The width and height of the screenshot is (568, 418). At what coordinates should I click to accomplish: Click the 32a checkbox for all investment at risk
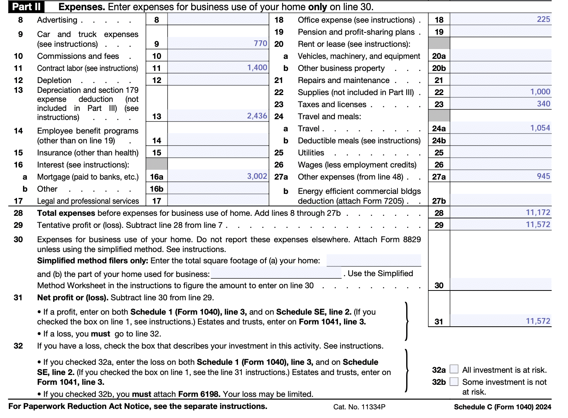(454, 369)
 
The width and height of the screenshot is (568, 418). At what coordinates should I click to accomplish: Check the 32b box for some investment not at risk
(454, 381)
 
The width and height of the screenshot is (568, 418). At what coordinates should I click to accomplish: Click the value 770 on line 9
(260, 43)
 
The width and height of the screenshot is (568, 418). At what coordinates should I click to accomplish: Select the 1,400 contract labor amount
(257, 68)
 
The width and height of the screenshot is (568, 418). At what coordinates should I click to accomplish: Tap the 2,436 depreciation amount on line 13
(257, 116)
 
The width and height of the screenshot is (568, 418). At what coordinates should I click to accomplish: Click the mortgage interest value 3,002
(257, 176)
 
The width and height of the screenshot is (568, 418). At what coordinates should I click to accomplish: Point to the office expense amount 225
(543, 19)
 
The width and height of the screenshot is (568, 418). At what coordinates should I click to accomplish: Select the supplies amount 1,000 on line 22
(540, 92)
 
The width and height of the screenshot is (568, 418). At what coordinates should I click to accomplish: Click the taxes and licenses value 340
(543, 104)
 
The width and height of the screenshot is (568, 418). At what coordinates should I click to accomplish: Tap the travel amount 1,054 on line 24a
(540, 128)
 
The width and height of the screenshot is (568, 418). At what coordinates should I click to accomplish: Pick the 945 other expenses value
(543, 176)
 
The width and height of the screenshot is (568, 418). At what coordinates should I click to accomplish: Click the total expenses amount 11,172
(538, 212)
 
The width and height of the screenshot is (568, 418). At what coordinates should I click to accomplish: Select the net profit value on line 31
(538, 321)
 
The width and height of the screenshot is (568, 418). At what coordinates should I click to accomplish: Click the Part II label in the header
(26, 7)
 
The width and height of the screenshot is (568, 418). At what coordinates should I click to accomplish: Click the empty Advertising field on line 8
(218, 20)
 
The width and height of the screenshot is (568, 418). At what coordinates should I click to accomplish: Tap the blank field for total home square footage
(373, 260)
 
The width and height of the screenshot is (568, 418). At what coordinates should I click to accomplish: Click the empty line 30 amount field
(500, 285)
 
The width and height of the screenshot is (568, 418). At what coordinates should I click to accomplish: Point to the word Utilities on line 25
(311, 153)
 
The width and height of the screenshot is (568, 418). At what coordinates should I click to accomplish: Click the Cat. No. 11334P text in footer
(359, 407)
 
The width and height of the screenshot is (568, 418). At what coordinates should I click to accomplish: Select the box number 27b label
(439, 201)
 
